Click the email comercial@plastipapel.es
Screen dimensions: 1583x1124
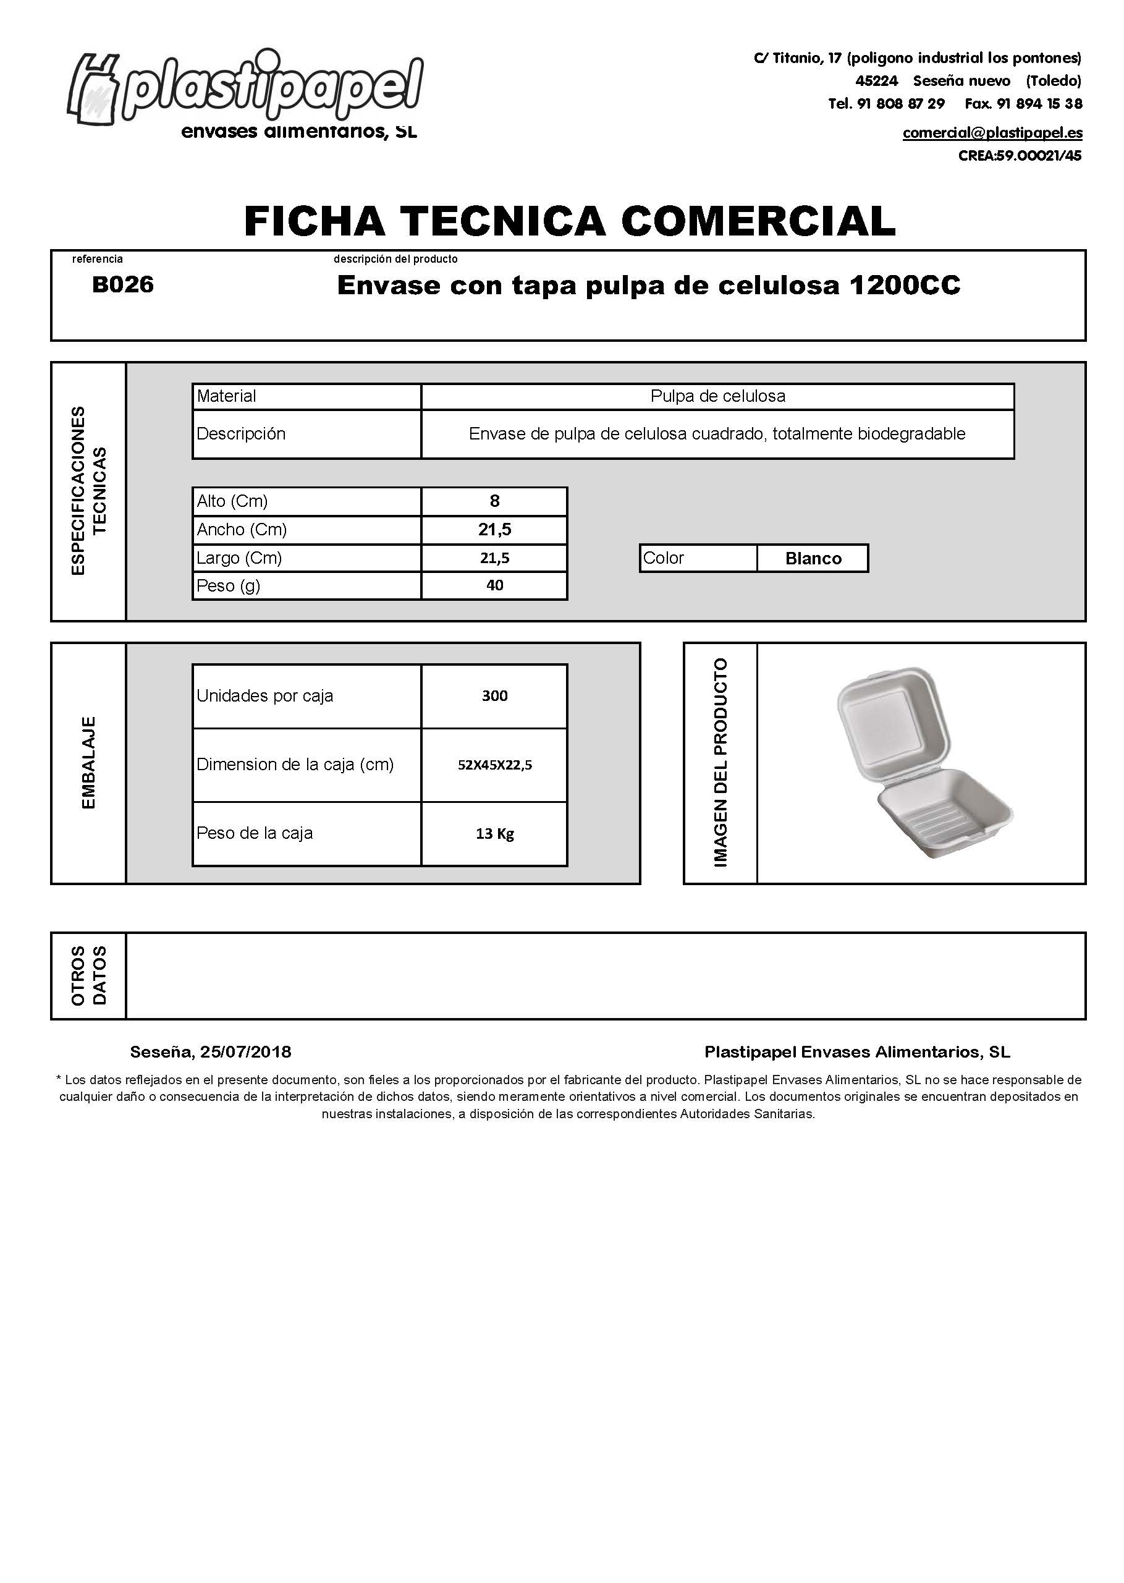992,133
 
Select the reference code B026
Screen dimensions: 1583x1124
122,284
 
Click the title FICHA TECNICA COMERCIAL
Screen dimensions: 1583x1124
570,221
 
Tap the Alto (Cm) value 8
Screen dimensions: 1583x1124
494,501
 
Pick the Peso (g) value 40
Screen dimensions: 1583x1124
494,585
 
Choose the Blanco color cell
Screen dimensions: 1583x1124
813,559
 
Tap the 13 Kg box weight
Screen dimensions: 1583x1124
494,834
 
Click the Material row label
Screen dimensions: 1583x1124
226,397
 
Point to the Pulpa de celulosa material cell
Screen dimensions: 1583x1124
718,397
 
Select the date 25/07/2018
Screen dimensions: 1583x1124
246,1052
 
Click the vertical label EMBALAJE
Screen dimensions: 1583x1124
88,763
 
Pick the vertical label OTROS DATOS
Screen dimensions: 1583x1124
88,976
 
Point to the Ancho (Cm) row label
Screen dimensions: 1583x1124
242,530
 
